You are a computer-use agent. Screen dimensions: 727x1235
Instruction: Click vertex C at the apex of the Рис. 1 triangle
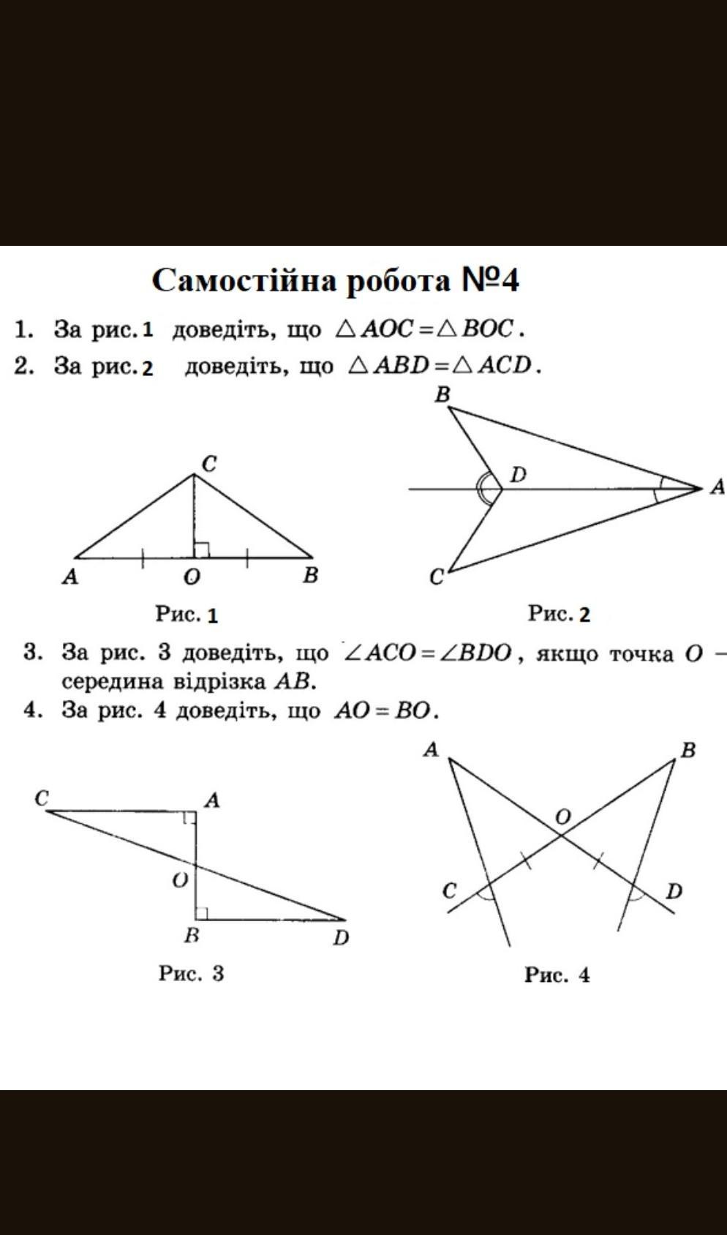[x=194, y=473]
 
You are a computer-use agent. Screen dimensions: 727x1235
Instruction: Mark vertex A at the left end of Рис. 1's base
[x=75, y=557]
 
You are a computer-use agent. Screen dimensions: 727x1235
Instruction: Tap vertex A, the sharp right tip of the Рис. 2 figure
[x=703, y=488]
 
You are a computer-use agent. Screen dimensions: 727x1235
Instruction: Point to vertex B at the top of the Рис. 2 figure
[x=448, y=407]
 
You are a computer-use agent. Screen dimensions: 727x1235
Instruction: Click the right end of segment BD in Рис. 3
[x=346, y=920]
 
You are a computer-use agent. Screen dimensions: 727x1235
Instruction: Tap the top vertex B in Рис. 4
[x=674, y=759]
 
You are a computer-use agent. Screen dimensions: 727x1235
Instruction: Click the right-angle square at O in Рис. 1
[x=201, y=549]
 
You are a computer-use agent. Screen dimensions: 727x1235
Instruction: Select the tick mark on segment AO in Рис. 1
[x=142, y=558]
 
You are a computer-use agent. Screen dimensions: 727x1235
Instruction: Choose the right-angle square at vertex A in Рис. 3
[x=189, y=817]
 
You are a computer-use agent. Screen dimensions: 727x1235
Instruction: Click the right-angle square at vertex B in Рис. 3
[x=202, y=913]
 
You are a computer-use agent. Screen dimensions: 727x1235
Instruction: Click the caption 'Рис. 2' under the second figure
[x=559, y=613]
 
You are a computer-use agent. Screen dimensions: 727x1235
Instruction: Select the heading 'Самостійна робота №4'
[x=335, y=280]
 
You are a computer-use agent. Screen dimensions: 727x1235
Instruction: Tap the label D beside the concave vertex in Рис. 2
[x=518, y=474]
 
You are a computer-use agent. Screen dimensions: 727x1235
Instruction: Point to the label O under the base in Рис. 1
[x=192, y=577]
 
